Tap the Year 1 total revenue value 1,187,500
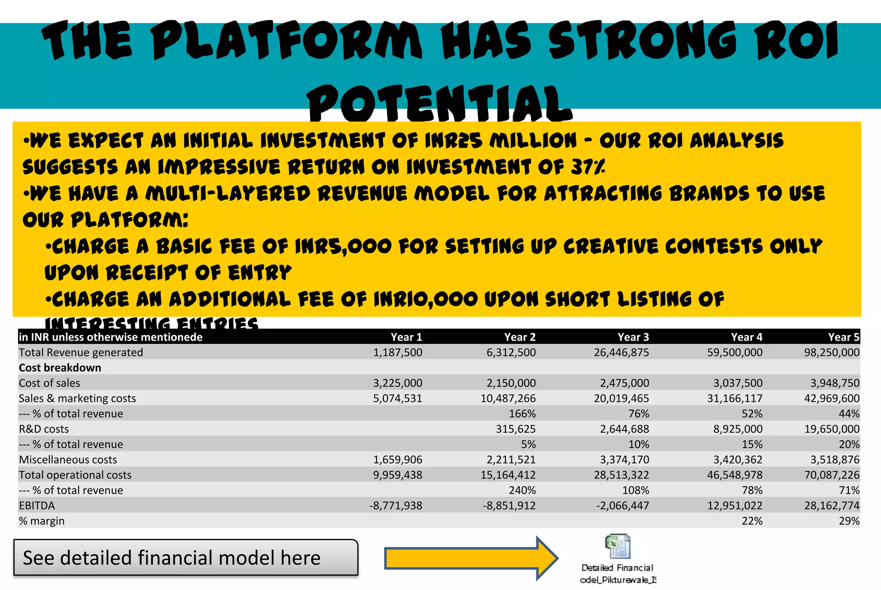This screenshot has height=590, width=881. tap(397, 352)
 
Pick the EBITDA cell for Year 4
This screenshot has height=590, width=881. tap(735, 506)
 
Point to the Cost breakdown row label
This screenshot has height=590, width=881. tap(60, 368)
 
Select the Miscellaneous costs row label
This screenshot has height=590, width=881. tap(68, 460)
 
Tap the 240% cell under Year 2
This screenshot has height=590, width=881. tap(522, 491)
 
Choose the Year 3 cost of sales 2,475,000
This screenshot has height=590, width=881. tap(624, 383)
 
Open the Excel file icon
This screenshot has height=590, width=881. tap(617, 547)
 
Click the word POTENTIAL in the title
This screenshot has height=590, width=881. tap(439, 104)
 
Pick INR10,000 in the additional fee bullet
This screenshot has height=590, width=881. tap(425, 300)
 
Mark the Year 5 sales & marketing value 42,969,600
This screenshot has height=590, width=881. tap(832, 398)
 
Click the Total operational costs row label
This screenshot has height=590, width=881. tap(75, 475)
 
